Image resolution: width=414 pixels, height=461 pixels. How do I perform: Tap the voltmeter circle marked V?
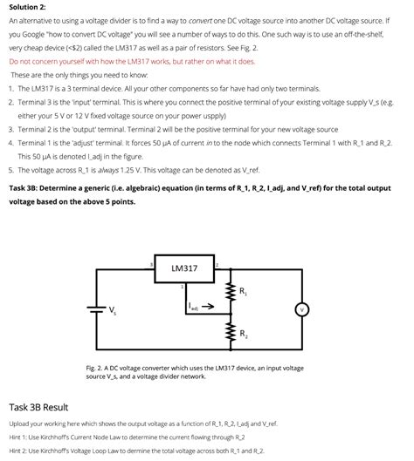[x=303, y=308]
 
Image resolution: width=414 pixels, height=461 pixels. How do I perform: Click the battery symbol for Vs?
[x=91, y=308]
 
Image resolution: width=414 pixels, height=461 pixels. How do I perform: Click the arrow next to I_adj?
[x=210, y=307]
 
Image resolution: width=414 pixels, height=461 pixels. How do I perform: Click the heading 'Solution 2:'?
[x=29, y=7]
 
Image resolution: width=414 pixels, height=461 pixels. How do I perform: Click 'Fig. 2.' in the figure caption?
[x=95, y=369]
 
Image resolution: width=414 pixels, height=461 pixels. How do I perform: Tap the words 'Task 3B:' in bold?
[x=26, y=187]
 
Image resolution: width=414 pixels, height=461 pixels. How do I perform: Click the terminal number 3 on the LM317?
[x=152, y=264]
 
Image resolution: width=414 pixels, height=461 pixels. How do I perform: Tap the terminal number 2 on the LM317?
[x=216, y=264]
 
